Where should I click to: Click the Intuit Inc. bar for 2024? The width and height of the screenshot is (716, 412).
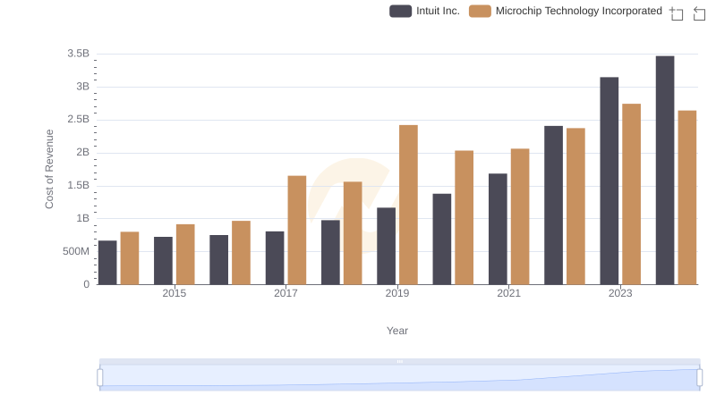pyautogui.click(x=665, y=170)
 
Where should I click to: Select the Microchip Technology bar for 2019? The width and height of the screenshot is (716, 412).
pyautogui.click(x=408, y=205)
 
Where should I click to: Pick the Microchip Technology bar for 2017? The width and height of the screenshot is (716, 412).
pyautogui.click(x=297, y=230)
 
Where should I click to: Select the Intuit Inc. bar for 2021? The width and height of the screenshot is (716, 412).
pyautogui.click(x=498, y=229)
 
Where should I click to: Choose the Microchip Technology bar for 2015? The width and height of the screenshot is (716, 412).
pyautogui.click(x=185, y=254)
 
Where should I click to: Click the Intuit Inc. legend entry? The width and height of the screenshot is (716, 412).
pyautogui.click(x=425, y=11)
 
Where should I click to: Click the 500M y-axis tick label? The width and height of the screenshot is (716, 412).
pyautogui.click(x=75, y=251)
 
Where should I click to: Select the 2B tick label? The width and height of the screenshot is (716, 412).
pyautogui.click(x=82, y=152)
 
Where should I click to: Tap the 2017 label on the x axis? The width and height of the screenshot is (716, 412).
pyautogui.click(x=286, y=293)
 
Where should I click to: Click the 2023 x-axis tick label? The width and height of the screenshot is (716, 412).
pyautogui.click(x=620, y=293)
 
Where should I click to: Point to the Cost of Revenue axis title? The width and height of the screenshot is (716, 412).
pyautogui.click(x=50, y=169)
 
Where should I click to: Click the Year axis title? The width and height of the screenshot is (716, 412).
pyautogui.click(x=397, y=331)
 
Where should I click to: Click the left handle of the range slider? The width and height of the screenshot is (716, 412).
pyautogui.click(x=100, y=378)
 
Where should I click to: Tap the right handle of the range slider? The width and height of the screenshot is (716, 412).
pyautogui.click(x=700, y=378)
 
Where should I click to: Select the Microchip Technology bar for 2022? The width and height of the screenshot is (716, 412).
pyautogui.click(x=575, y=206)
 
